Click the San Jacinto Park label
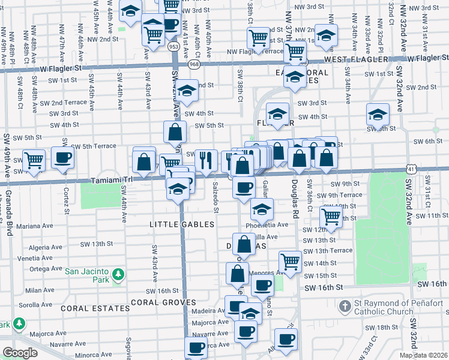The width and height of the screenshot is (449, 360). click(88, 270)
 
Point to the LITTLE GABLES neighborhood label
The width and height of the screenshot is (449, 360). click(182, 224)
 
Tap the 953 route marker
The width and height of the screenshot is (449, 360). click(174, 46)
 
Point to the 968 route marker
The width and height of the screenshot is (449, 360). click(194, 63)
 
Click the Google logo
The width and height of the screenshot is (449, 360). click(20, 353)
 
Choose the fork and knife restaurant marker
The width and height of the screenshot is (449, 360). click(206, 160)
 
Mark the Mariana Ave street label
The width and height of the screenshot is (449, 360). click(35, 226)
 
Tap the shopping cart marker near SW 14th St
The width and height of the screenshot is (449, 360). click(291, 262)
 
